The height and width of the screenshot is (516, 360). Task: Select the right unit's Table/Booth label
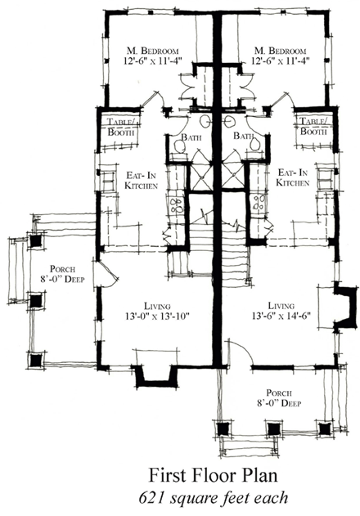(313, 126)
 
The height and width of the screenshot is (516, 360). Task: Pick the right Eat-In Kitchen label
(292, 178)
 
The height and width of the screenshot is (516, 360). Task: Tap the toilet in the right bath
(258, 144)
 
